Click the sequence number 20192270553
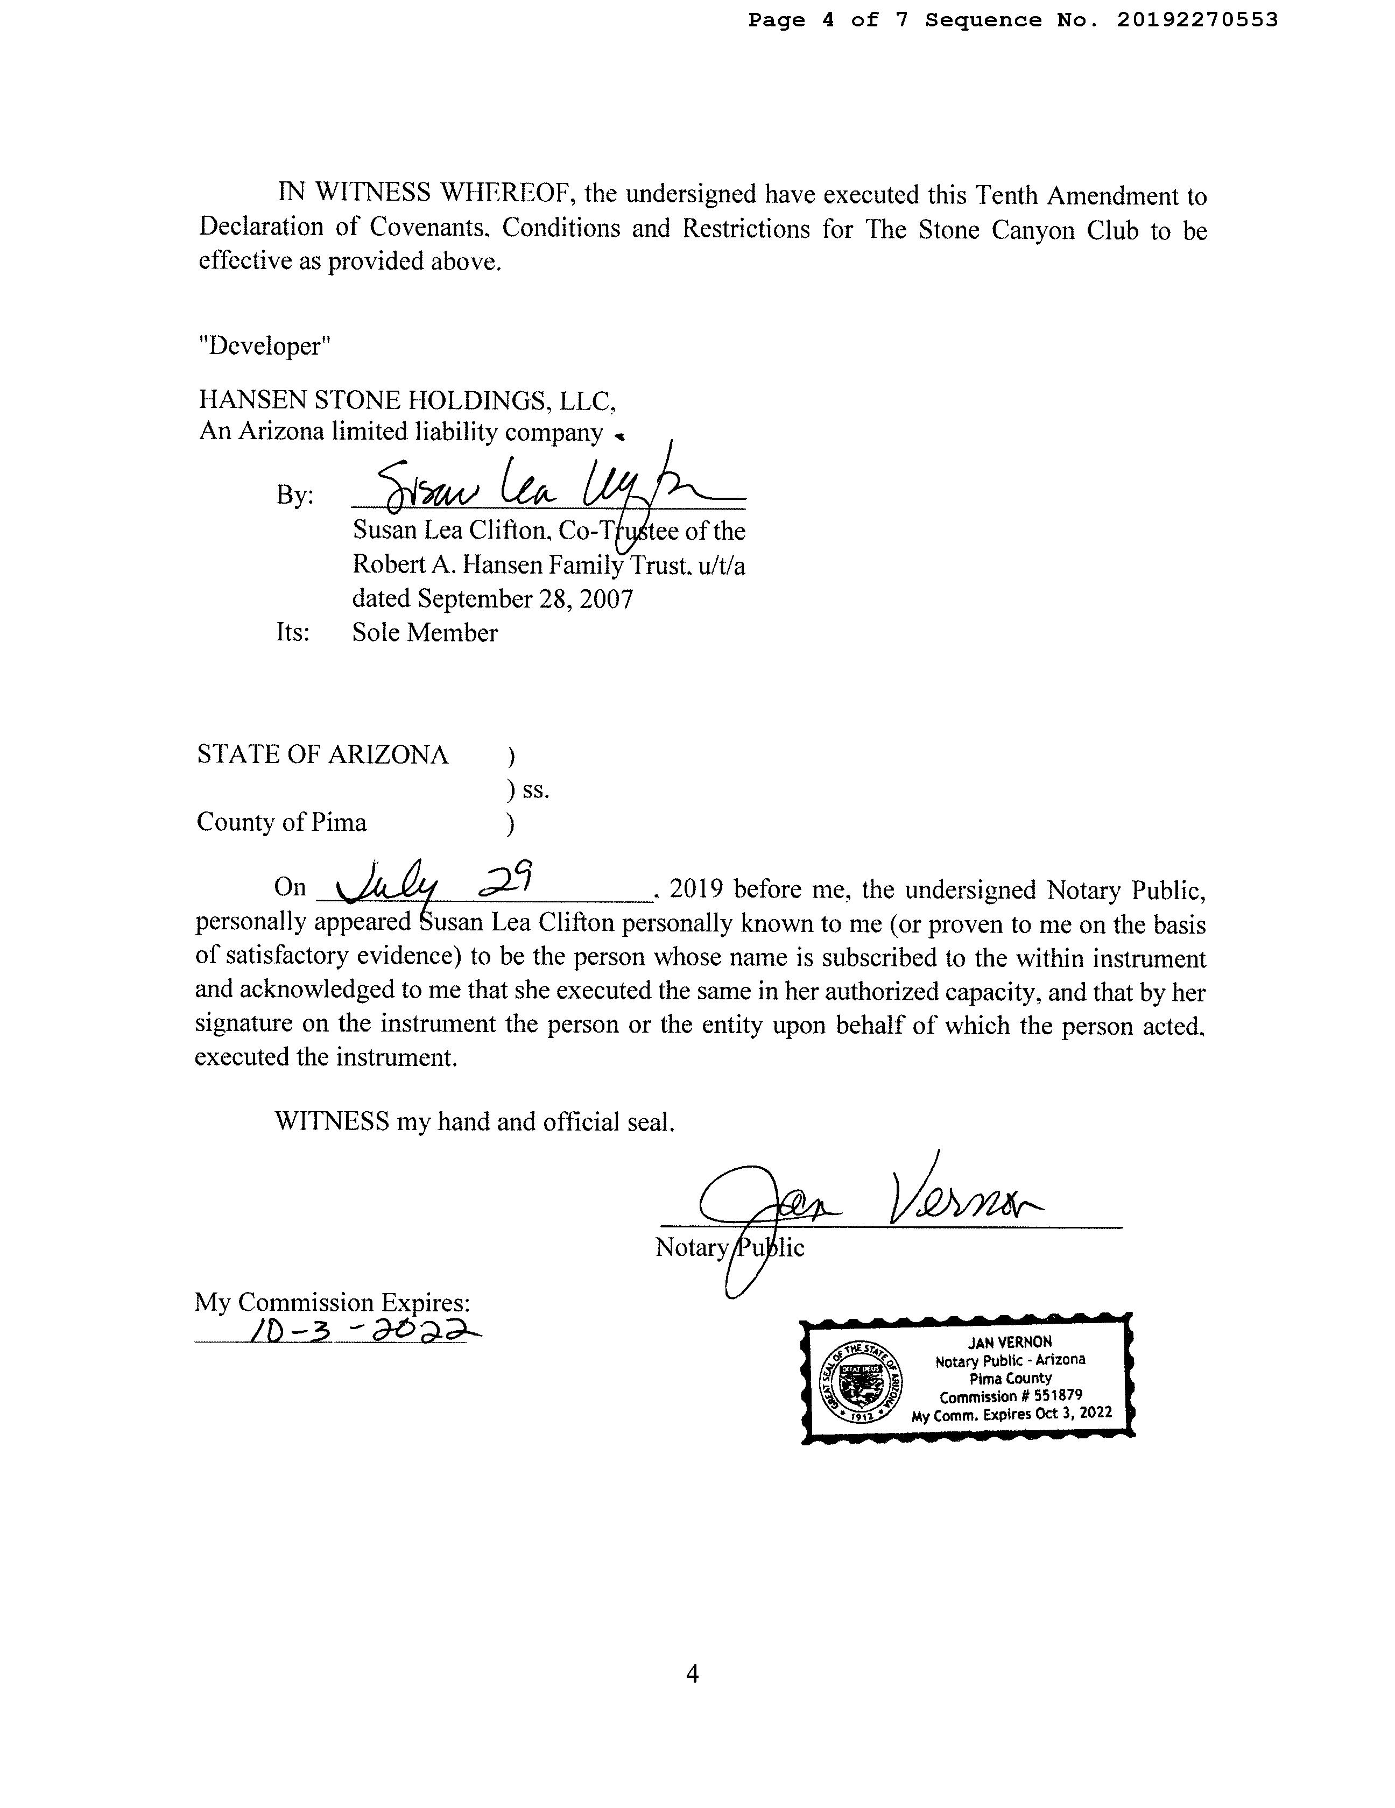(x=1196, y=20)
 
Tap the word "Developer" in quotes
(x=264, y=346)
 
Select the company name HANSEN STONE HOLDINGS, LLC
(x=406, y=401)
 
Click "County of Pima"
(x=281, y=822)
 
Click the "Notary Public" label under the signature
(x=729, y=1247)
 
